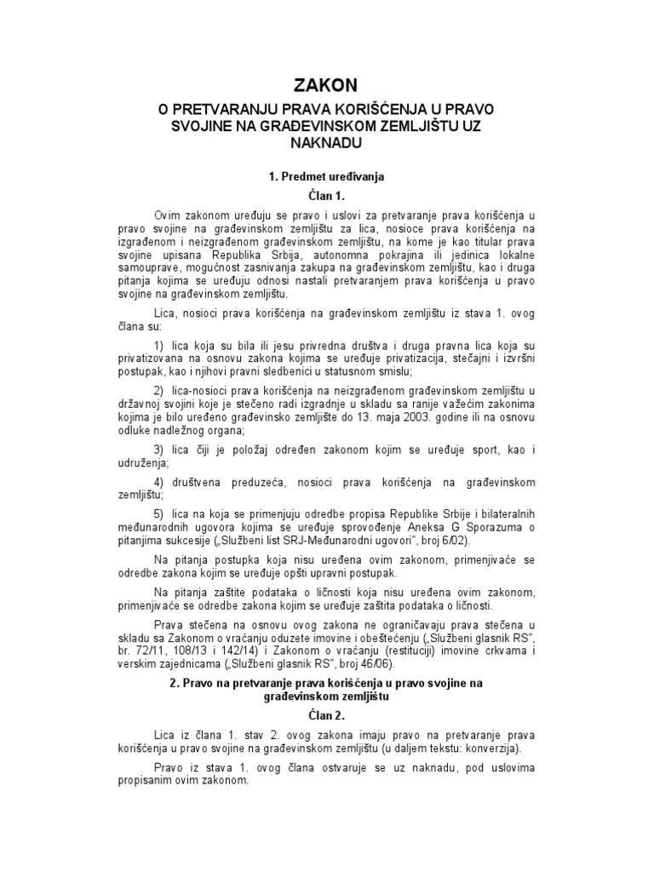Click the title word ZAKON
pos(326,83)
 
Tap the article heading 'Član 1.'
pos(326,196)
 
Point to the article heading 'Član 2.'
pos(326,715)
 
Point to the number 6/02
pos(456,540)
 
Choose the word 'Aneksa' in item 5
pos(391,527)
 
